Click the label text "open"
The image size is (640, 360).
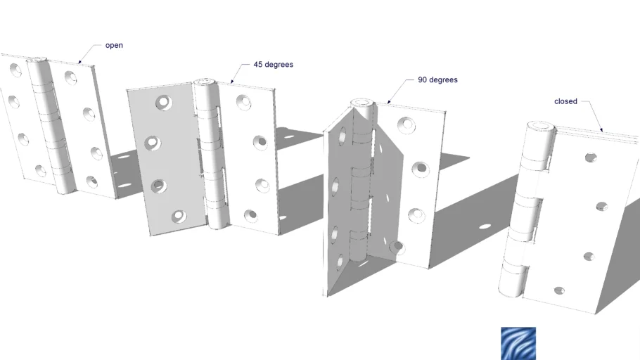pos(114,46)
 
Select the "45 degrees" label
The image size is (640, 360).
pos(273,65)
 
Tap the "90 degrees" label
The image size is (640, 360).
pos(437,80)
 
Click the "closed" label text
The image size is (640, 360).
pos(565,101)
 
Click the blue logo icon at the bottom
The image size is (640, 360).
pos(518,343)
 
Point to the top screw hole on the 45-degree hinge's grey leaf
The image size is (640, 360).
pos(163,103)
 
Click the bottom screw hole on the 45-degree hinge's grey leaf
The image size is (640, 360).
pos(178,216)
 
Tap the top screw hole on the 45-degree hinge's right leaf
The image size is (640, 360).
pos(243,103)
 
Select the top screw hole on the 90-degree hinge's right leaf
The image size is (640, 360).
pos(406,125)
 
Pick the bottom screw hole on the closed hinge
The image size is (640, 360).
pos(559,290)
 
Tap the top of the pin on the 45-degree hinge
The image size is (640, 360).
pos(204,82)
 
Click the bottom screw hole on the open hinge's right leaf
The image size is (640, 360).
pos(92,182)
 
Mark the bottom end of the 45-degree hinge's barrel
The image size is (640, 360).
pos(217,223)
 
